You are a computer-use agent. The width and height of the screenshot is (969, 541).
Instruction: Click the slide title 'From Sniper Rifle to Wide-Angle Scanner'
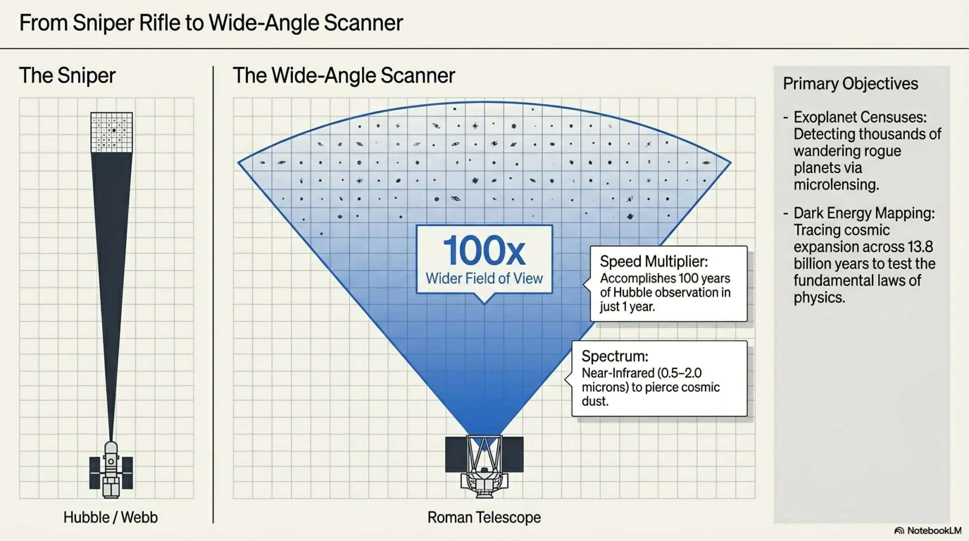click(x=211, y=23)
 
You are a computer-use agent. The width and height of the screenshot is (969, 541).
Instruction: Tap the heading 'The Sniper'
click(x=67, y=75)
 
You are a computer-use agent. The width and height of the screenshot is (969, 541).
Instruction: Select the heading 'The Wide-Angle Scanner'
click(x=344, y=75)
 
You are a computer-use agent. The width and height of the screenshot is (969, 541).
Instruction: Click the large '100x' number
click(x=484, y=251)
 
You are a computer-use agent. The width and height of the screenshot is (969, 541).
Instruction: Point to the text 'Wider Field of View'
click(x=484, y=278)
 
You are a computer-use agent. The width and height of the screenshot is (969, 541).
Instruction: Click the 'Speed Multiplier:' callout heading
click(x=654, y=261)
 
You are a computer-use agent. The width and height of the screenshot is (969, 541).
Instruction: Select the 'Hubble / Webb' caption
click(x=111, y=517)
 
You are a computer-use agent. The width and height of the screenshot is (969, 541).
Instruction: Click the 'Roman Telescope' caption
click(x=484, y=517)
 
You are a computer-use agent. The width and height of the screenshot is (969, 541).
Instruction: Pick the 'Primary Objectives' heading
click(x=850, y=84)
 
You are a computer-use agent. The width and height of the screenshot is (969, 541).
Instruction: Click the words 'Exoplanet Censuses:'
click(x=860, y=117)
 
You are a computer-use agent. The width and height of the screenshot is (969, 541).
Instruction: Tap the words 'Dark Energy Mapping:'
click(x=864, y=213)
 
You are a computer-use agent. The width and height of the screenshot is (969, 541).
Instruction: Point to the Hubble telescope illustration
click(x=111, y=470)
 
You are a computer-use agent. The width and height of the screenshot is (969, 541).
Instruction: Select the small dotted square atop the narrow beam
click(x=112, y=132)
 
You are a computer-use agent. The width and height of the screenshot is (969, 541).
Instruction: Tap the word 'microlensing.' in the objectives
click(x=836, y=185)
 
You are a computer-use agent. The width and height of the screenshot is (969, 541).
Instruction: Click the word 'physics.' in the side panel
click(x=819, y=298)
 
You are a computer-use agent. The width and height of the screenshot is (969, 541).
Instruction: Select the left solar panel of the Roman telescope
click(x=456, y=454)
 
